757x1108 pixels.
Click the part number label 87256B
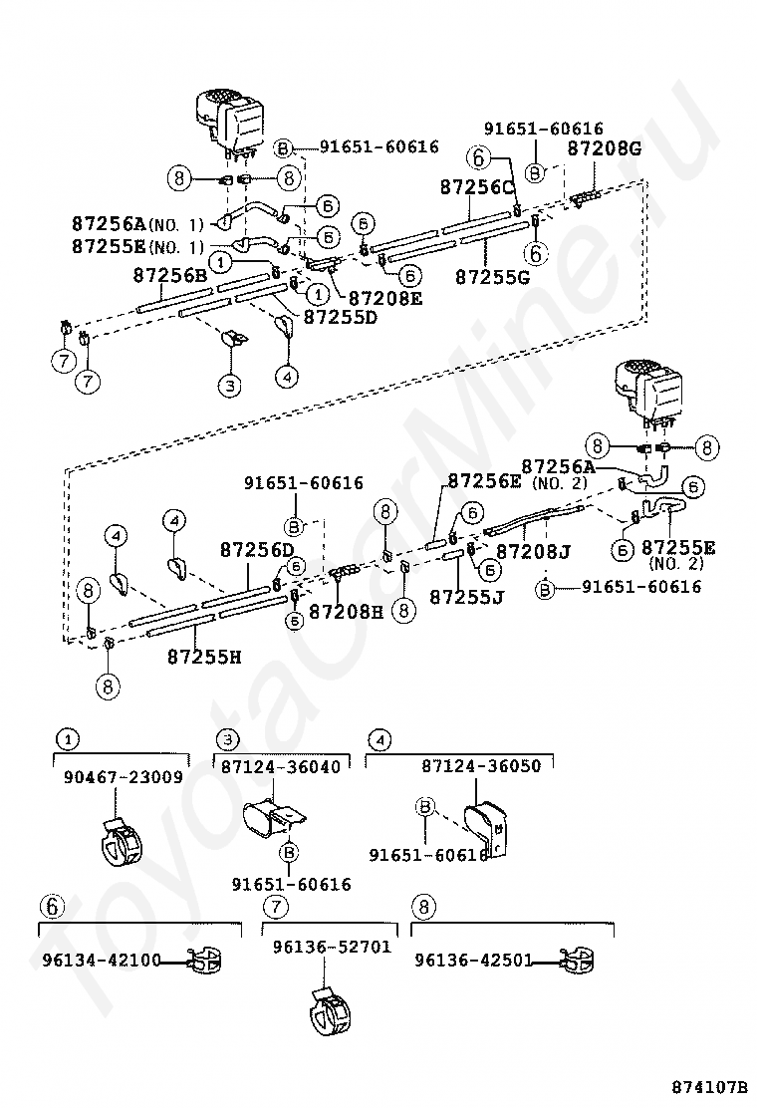[x=170, y=276]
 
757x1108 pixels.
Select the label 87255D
[x=341, y=317]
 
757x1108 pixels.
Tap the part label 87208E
[x=385, y=298]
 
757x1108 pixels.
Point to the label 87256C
[x=478, y=186]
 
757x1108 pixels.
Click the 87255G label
[x=492, y=277]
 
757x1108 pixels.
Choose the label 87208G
[x=606, y=148]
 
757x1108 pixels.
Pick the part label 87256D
[x=257, y=549]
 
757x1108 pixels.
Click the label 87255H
[x=204, y=657]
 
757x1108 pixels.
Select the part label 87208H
[x=346, y=611]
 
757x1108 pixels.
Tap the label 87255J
[x=467, y=597]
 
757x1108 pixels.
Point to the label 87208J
[x=534, y=550]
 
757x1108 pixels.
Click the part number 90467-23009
[x=124, y=776]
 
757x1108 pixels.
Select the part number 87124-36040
[x=281, y=766]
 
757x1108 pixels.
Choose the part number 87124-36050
[x=482, y=766]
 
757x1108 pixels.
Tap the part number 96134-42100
[x=102, y=961]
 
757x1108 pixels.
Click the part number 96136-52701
[x=332, y=947]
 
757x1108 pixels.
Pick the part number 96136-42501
[x=474, y=961]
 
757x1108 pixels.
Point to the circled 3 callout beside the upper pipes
[x=229, y=386]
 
